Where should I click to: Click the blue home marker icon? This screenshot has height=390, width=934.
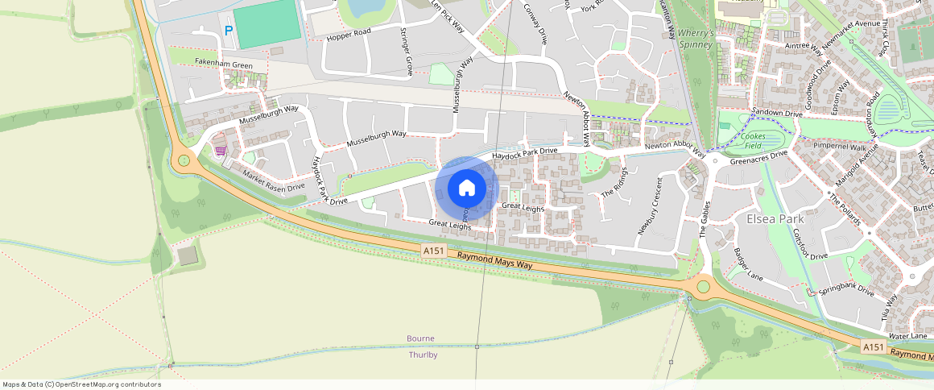pos(467,189)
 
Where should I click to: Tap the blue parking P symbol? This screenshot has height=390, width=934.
pos(229,31)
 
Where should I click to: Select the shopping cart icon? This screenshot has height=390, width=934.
pos(219,151)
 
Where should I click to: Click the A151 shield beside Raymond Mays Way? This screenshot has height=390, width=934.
pos(433,251)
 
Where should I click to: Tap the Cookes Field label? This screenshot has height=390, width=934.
pos(754,141)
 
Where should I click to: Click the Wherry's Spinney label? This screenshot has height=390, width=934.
pos(696,39)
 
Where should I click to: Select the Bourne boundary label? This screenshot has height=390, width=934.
pos(421,338)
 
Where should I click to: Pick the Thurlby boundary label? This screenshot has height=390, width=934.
pos(423,355)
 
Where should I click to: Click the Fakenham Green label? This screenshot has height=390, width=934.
pos(223,65)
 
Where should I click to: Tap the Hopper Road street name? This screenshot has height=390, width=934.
pos(349,31)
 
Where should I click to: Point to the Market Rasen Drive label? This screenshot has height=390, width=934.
pos(274,181)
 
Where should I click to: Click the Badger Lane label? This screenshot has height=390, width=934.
pos(748,263)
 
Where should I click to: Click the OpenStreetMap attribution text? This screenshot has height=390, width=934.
pos(81,384)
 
